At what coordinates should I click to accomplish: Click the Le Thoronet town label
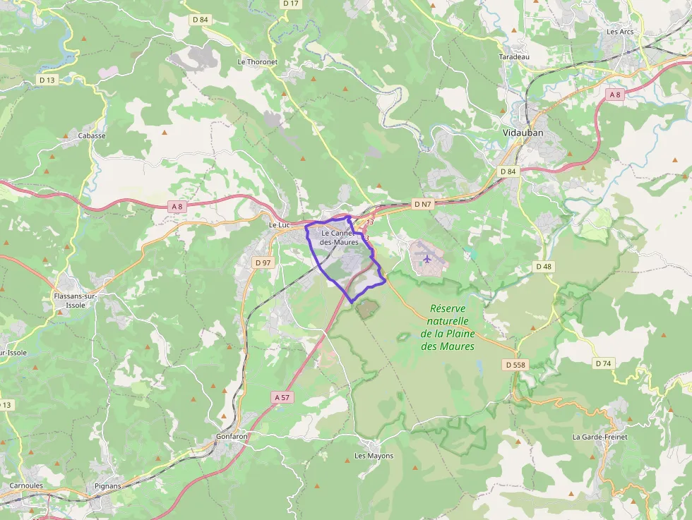[258, 61]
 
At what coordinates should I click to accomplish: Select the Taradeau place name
[514, 56]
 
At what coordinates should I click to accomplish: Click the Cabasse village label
[92, 135]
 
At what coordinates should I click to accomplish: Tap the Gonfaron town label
[232, 437]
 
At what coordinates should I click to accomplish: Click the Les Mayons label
[374, 456]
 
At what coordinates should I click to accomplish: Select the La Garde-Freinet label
[599, 437]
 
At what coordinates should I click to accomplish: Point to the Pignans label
[108, 486]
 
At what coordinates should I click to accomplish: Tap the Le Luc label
[280, 225]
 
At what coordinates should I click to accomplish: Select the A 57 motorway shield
[282, 398]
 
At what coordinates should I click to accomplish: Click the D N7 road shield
[422, 204]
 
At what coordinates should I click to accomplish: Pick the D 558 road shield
[515, 365]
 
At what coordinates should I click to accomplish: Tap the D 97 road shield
[263, 262]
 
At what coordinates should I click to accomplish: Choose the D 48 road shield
[543, 266]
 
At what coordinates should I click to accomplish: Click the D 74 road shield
[602, 363]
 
